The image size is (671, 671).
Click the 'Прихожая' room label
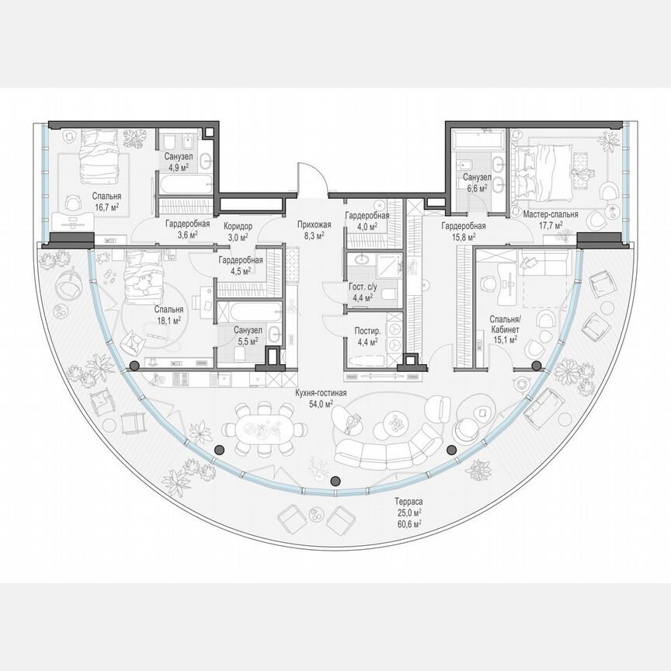(x=313, y=225)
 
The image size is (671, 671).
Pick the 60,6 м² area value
(x=407, y=525)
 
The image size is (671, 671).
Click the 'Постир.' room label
(x=362, y=331)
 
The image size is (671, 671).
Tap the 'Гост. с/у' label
(x=362, y=286)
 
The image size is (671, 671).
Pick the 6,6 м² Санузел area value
(x=475, y=188)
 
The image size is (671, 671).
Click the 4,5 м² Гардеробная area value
(x=240, y=271)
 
